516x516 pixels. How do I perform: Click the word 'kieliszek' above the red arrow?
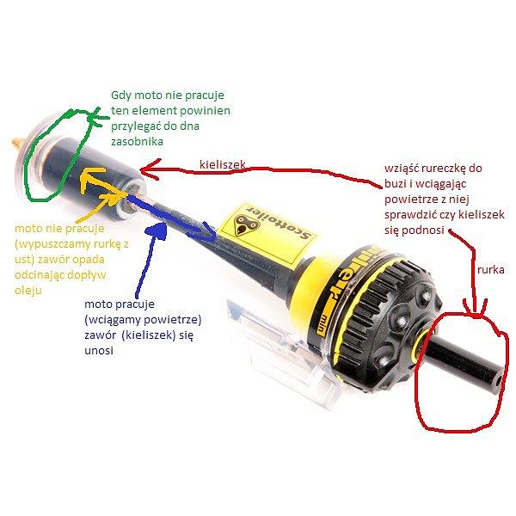point(223,164)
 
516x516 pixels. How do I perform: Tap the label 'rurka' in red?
point(491,270)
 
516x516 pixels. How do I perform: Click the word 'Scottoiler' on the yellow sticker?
point(280,226)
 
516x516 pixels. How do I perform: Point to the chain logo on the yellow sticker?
point(244,224)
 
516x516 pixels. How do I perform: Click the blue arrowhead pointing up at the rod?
point(157,230)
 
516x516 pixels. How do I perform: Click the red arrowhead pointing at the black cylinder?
point(150,169)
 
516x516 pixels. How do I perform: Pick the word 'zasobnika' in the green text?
point(137,142)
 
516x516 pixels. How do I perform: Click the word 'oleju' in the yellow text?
point(28,291)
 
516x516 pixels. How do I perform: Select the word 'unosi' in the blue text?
point(99,351)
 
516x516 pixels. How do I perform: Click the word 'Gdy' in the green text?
point(120,95)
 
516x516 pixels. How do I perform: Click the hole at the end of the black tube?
point(499,380)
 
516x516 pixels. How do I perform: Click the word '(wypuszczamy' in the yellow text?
point(50,244)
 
